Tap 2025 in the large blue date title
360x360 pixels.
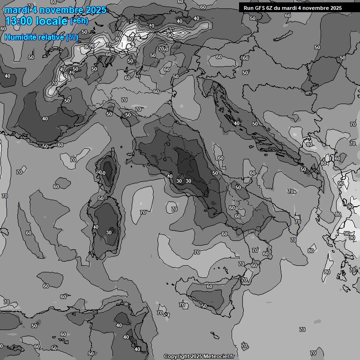[x=95, y=10]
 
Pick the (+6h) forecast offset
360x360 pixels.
[x=79, y=21]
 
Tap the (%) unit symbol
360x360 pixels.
[x=72, y=37]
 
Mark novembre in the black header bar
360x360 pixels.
[x=315, y=8]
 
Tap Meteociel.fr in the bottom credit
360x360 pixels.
[x=219, y=356]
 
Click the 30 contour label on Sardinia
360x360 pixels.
[x=109, y=232]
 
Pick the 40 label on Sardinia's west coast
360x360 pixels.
[x=96, y=227]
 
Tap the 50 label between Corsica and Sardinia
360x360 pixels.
[x=101, y=199]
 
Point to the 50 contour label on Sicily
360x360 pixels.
[x=204, y=306]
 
